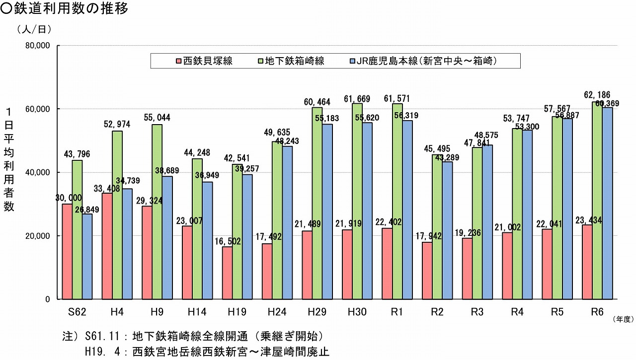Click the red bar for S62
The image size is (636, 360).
pyautogui.click(x=67, y=251)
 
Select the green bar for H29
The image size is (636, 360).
pyautogui.click(x=317, y=203)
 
